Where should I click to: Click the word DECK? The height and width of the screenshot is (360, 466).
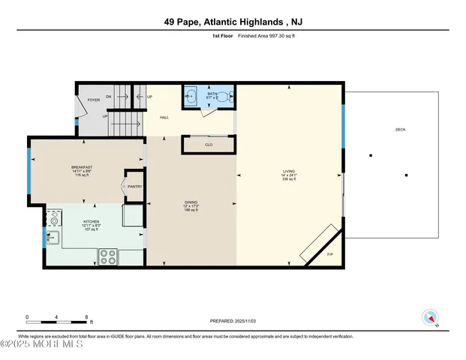[400, 130]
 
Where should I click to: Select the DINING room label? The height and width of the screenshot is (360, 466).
[191, 202]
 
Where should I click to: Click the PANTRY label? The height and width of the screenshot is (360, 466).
[134, 186]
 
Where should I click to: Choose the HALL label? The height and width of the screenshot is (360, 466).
[164, 118]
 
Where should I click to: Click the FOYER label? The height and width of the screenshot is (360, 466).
[94, 100]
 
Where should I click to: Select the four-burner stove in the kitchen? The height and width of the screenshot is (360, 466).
[108, 255]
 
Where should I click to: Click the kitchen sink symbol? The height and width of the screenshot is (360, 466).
[54, 238]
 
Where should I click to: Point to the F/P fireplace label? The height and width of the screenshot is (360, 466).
[330, 255]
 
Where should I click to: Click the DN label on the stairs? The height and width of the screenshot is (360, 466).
[108, 97]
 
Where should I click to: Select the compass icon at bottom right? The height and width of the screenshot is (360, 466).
[430, 317]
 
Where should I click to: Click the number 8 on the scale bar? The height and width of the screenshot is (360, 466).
[87, 317]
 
